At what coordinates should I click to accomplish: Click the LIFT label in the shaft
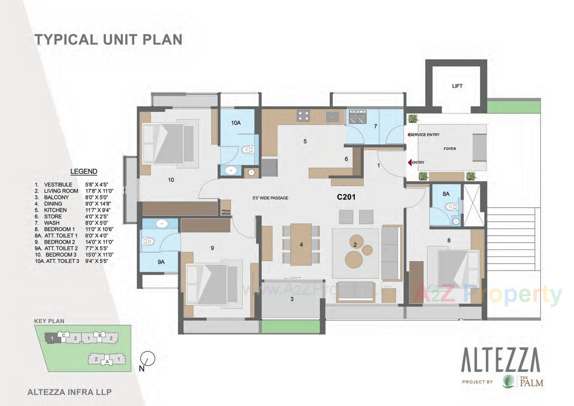[457, 86]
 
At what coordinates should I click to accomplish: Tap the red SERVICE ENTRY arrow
[408, 135]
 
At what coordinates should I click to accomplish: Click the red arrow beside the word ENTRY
[410, 162]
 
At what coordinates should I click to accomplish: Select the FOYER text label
[450, 149]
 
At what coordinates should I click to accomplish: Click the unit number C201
[346, 197]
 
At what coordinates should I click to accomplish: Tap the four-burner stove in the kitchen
[303, 116]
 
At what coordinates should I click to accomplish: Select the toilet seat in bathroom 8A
[450, 207]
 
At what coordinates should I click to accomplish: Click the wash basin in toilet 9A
[162, 223]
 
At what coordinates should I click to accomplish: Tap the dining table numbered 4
[301, 244]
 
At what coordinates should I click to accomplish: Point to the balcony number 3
[292, 299]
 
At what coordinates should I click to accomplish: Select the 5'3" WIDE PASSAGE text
[270, 198]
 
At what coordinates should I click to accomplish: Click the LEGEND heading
[84, 172]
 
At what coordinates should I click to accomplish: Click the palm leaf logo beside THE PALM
[508, 382]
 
